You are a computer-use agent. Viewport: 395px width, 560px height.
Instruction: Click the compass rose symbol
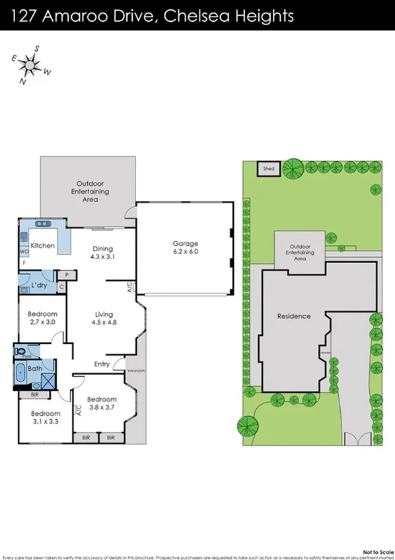tap(30, 64)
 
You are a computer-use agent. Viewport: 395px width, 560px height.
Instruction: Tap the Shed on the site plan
tap(268, 169)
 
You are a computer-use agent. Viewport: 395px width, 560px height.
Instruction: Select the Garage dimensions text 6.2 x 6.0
tap(185, 252)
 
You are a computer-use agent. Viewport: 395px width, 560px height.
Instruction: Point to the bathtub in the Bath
tap(22, 374)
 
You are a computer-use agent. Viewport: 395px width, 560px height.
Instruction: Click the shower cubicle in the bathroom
tap(47, 380)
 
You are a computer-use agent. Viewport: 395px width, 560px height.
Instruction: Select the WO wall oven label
tap(23, 252)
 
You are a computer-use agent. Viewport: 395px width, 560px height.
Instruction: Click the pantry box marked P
tap(67, 274)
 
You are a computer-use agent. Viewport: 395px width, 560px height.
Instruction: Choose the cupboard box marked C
tap(61, 287)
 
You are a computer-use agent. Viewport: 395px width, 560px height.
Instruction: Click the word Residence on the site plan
tap(294, 316)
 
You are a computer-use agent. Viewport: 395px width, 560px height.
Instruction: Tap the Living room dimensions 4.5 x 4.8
tap(102, 323)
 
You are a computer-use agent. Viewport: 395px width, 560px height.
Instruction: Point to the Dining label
tap(102, 249)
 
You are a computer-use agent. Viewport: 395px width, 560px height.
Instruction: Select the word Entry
tap(102, 364)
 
